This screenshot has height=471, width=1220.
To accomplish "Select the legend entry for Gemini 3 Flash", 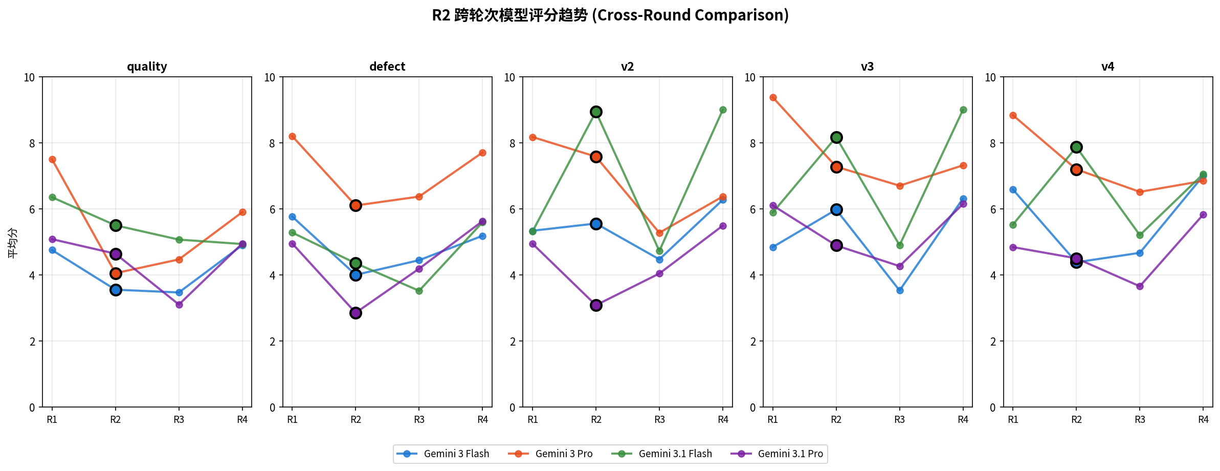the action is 443,454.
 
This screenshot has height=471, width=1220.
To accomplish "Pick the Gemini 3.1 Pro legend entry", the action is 777,454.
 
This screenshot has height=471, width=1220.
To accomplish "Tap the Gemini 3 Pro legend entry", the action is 550,454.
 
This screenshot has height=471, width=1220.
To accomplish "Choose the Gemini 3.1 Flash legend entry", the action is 662,454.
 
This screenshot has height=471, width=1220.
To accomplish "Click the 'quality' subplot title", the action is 147,67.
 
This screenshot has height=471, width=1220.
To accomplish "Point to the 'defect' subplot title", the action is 387,67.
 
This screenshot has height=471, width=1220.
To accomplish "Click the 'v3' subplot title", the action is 867,67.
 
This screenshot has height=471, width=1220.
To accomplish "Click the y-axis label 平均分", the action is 12,242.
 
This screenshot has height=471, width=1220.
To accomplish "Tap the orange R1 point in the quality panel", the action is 52,159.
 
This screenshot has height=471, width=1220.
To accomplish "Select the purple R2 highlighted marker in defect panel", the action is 356,313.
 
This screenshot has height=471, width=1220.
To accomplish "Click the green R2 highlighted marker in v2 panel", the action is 596,112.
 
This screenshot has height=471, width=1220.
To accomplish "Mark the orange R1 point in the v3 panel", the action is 773,97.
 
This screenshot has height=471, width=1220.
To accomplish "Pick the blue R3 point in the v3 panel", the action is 900,290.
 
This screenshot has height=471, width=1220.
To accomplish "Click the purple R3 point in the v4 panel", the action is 1140,286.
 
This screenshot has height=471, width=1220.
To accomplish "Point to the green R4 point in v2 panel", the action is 723,110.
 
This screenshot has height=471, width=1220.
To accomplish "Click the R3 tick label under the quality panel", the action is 179,420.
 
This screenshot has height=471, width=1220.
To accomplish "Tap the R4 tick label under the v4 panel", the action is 1203,420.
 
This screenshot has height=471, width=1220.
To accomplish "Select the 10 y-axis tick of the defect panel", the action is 270,77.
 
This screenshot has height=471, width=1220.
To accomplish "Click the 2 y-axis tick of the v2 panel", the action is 513,341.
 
